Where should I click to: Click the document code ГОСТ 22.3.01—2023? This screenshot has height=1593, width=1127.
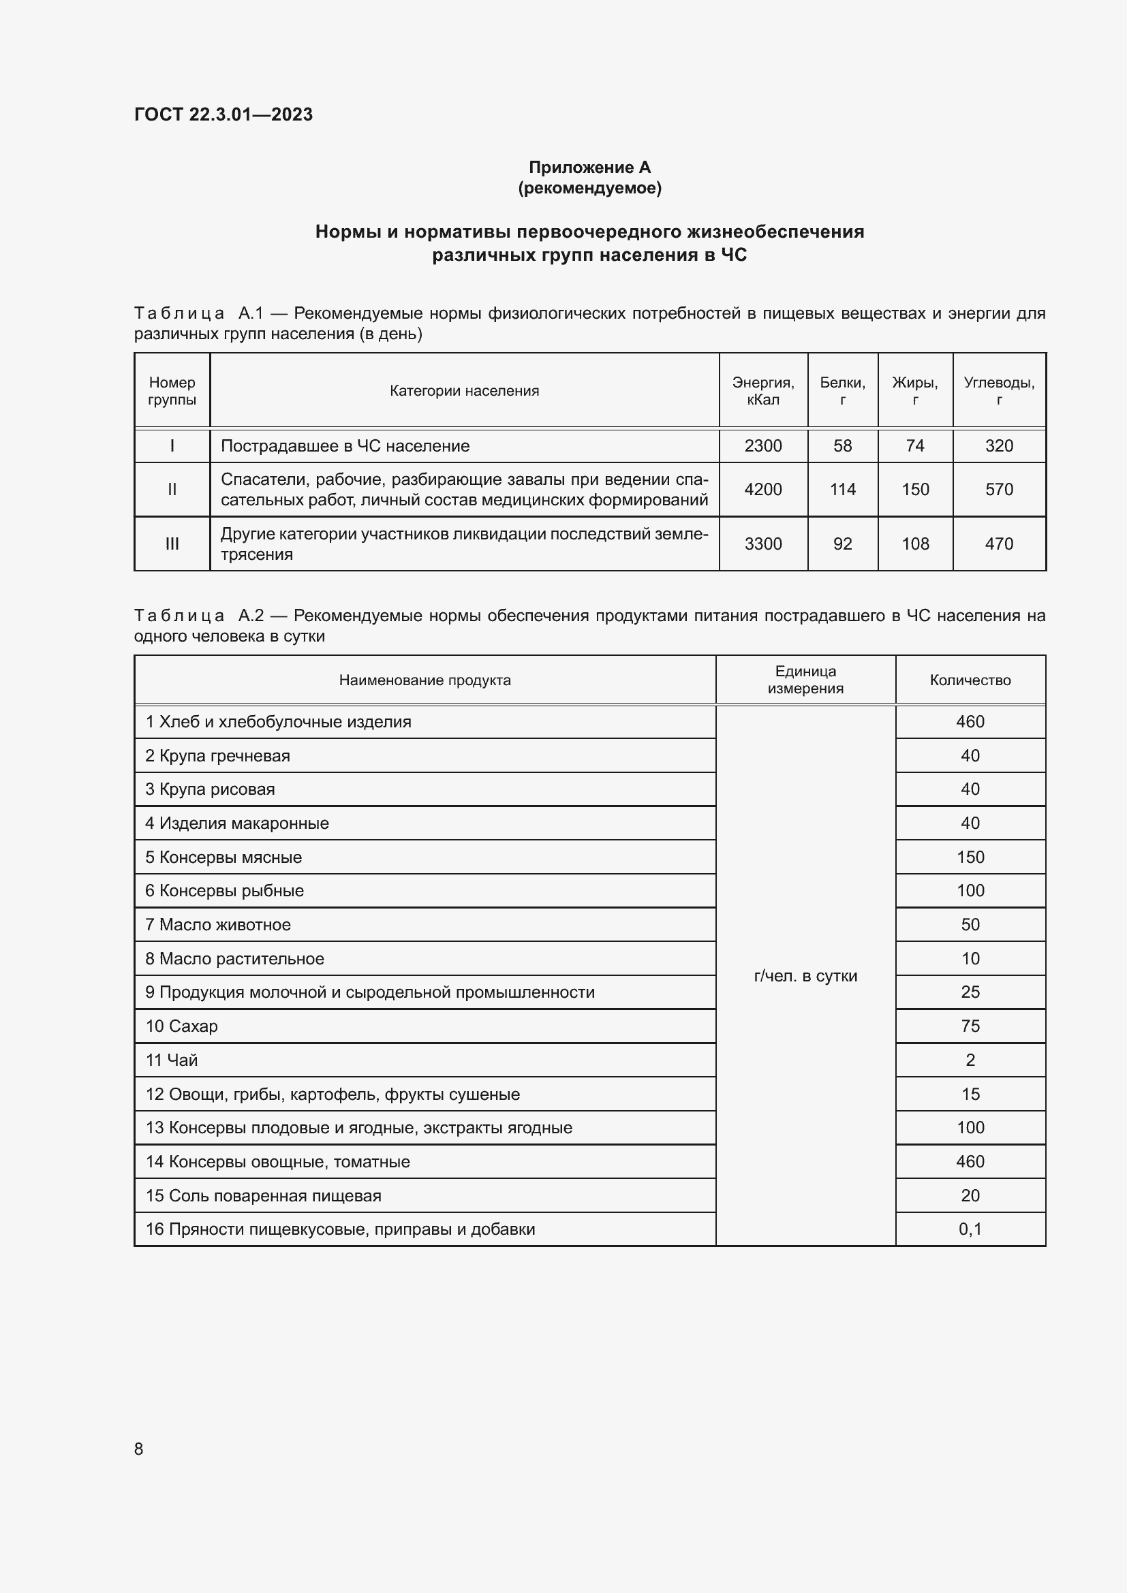(x=223, y=114)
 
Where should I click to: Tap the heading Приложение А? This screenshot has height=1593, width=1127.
(x=589, y=168)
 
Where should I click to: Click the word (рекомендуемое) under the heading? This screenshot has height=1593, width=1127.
(x=589, y=188)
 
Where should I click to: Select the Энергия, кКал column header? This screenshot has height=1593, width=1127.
(x=762, y=391)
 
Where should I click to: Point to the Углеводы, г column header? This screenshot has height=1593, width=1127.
(x=999, y=391)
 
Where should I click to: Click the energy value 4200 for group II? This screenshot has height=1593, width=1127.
(x=762, y=489)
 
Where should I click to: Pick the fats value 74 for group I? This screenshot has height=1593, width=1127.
(x=914, y=446)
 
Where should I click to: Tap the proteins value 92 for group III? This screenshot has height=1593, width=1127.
(x=842, y=544)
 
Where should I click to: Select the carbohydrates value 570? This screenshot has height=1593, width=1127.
(x=999, y=489)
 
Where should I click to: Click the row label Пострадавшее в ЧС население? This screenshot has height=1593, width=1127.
(x=345, y=446)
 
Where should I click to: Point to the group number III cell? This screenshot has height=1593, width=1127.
(x=172, y=544)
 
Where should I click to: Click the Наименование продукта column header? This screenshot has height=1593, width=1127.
(x=424, y=680)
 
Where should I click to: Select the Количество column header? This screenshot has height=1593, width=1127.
(x=970, y=680)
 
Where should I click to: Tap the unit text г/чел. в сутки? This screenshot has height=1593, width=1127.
(x=805, y=975)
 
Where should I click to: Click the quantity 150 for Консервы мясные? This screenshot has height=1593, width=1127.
(x=970, y=857)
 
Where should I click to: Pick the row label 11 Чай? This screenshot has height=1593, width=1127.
(x=172, y=1060)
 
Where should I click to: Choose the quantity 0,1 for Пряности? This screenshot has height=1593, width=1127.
(x=970, y=1229)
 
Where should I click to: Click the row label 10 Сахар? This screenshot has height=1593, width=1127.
(x=181, y=1026)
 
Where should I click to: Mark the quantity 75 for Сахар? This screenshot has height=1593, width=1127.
(x=970, y=1026)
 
